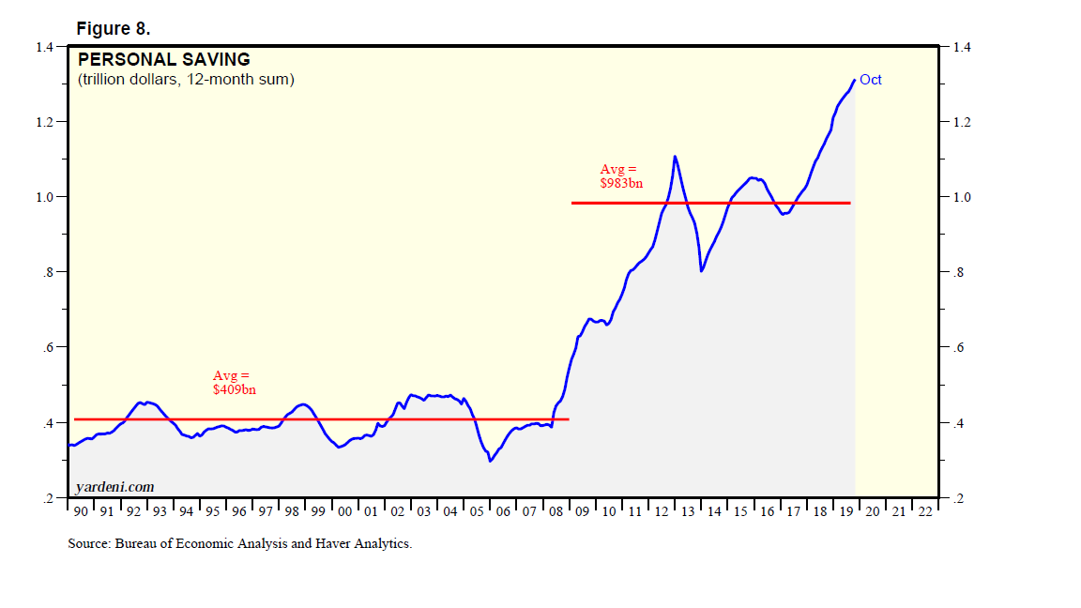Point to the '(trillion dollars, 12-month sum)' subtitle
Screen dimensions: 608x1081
pyautogui.click(x=186, y=80)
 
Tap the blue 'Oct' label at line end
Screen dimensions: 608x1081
pyautogui.click(x=871, y=80)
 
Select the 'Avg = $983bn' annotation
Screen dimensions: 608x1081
pyautogui.click(x=621, y=176)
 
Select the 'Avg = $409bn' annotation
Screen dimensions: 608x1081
pyautogui.click(x=234, y=382)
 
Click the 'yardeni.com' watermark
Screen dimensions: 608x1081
pyautogui.click(x=114, y=487)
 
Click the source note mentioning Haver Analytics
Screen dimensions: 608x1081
pyautogui.click(x=239, y=543)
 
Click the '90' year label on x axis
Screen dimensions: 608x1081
pyautogui.click(x=80, y=511)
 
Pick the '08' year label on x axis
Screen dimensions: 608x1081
pyautogui.click(x=556, y=511)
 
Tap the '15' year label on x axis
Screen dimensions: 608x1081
pyautogui.click(x=741, y=511)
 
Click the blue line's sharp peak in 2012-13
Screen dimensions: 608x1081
pyautogui.click(x=675, y=156)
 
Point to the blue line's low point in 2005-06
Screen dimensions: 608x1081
pyautogui.click(x=490, y=461)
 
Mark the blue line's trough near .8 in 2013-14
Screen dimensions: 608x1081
pyautogui.click(x=701, y=271)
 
